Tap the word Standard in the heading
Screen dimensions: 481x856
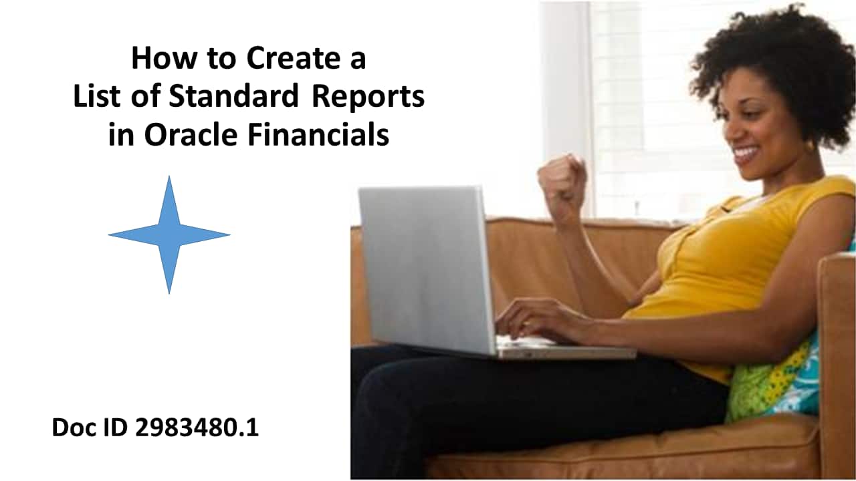(233, 96)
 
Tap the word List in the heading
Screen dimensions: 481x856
(96, 96)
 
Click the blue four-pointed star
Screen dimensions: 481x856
(169, 234)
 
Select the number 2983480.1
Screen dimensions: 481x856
(197, 428)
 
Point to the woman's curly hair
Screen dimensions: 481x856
(776, 60)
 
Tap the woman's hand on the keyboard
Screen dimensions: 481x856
(535, 319)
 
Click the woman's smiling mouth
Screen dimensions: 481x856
(746, 155)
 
